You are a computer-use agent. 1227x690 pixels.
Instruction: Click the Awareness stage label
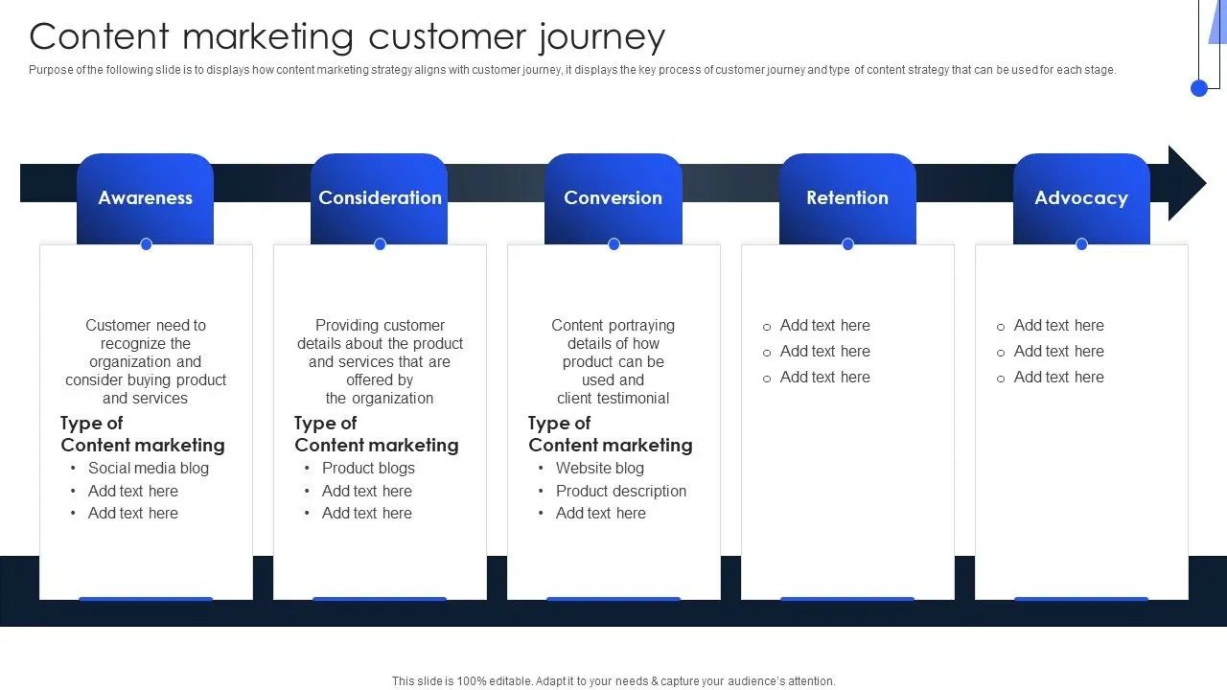pyautogui.click(x=145, y=198)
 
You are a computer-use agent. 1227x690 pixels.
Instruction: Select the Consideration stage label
pyautogui.click(x=380, y=198)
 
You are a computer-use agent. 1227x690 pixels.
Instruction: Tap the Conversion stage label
pyautogui.click(x=613, y=198)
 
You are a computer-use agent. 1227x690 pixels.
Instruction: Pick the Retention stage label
pyautogui.click(x=847, y=198)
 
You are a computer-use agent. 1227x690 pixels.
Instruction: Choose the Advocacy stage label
pyautogui.click(x=1081, y=198)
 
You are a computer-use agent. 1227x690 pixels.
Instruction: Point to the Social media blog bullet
pyautogui.click(x=148, y=469)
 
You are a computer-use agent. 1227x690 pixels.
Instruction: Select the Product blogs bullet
pyautogui.click(x=368, y=469)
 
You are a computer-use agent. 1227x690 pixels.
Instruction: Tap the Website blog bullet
pyautogui.click(x=599, y=469)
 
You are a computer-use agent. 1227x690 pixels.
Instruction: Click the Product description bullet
pyautogui.click(x=621, y=492)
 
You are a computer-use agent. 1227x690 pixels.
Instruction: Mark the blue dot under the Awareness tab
pyautogui.click(x=146, y=244)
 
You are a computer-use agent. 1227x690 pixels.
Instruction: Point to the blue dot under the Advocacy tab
pyautogui.click(x=1081, y=244)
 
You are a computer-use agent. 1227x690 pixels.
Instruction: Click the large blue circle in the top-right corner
pyautogui.click(x=1199, y=88)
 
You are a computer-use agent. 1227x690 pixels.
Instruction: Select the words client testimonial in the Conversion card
pyautogui.click(x=613, y=399)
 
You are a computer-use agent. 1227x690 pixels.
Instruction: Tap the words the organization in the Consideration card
pyautogui.click(x=380, y=399)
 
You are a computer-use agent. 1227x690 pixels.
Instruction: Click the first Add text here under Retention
pyautogui.click(x=824, y=326)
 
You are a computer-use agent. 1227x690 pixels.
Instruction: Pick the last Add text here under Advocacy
pyautogui.click(x=1058, y=378)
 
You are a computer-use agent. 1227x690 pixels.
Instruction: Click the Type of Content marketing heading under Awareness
pyautogui.click(x=142, y=434)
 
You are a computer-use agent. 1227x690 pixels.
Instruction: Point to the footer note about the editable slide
pyautogui.click(x=613, y=681)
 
